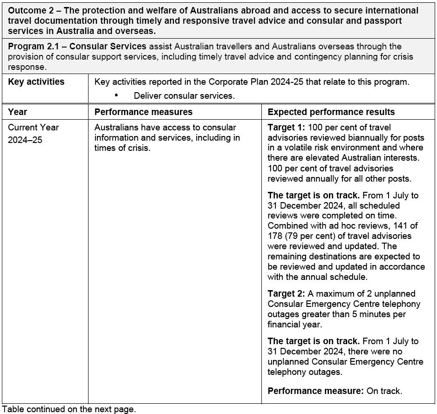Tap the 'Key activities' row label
(x=36, y=82)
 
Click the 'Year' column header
(x=18, y=112)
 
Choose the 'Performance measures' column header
(x=143, y=112)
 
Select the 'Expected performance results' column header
(x=331, y=112)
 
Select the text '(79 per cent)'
(x=309, y=236)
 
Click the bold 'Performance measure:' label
(x=315, y=391)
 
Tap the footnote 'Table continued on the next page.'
(x=68, y=409)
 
